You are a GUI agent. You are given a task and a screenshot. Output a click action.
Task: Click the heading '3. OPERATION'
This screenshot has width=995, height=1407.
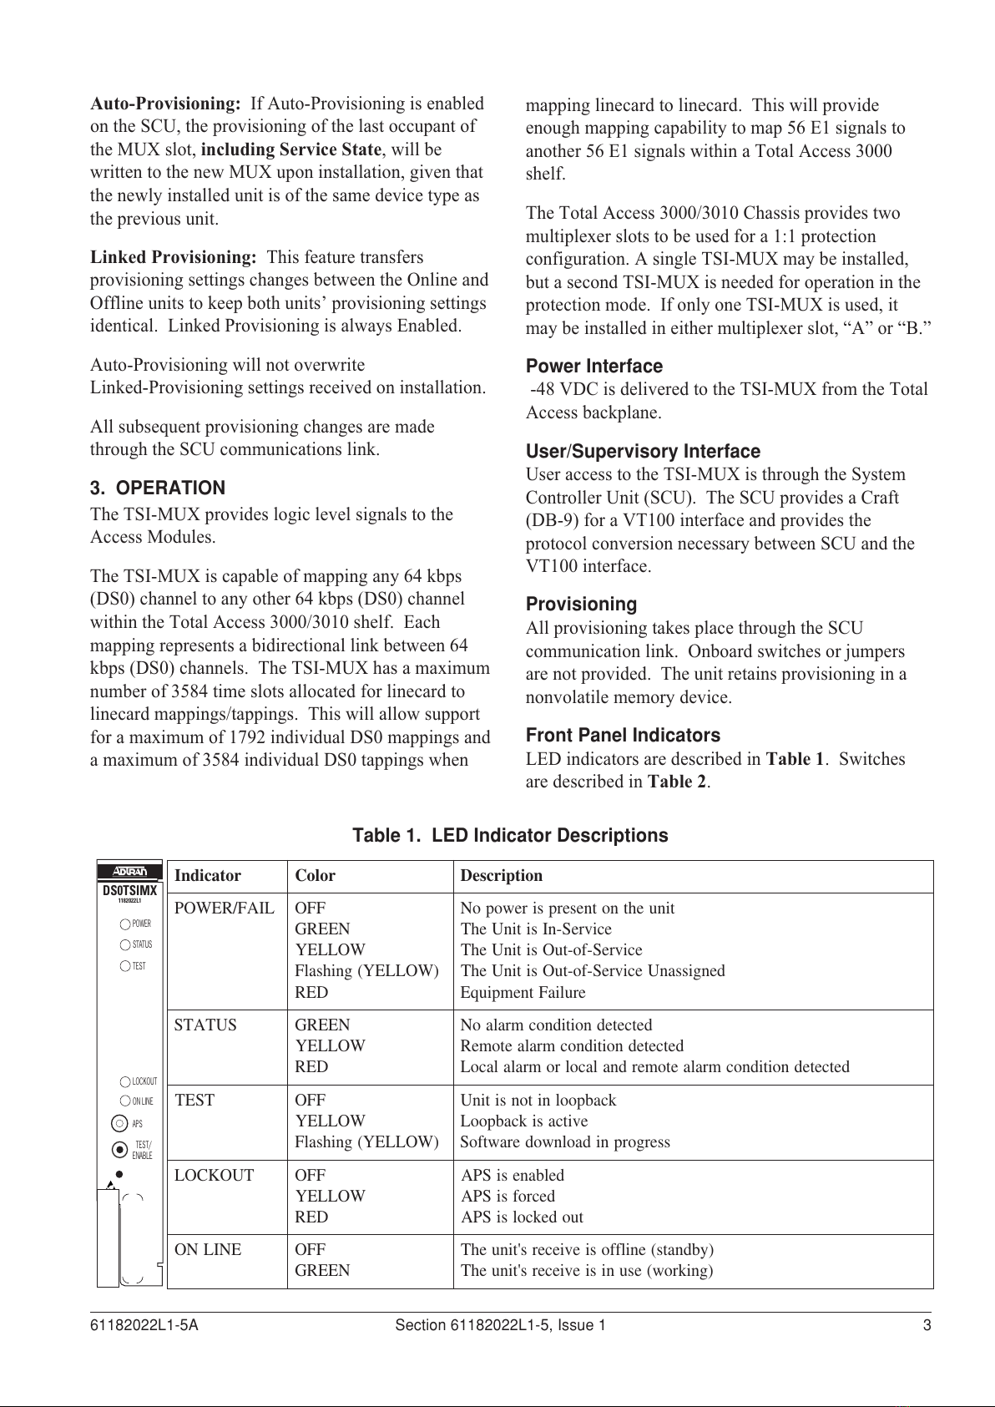click(x=158, y=488)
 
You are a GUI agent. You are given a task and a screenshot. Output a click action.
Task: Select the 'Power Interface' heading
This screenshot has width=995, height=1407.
click(x=593, y=367)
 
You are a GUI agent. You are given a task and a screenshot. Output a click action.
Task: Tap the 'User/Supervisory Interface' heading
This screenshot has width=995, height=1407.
click(x=643, y=452)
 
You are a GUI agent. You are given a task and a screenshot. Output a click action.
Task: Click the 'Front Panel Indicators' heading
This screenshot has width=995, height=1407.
click(x=623, y=736)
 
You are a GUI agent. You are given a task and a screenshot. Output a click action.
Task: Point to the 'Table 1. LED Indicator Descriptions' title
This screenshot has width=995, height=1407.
click(x=510, y=836)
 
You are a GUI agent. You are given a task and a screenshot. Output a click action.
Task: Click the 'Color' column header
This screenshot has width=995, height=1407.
click(x=315, y=876)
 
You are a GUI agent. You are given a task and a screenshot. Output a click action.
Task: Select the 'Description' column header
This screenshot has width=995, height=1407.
click(x=501, y=876)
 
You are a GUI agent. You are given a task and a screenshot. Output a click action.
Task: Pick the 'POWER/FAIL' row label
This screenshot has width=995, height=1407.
click(x=224, y=908)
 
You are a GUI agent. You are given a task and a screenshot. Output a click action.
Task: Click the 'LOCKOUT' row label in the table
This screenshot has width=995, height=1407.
click(x=214, y=1176)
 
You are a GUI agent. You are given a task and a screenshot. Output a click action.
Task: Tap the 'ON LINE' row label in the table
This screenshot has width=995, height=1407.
click(x=208, y=1250)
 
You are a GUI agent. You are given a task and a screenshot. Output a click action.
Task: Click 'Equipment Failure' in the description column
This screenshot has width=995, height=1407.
click(x=523, y=993)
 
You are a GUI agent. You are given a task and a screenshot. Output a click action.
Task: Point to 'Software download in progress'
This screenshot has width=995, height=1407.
click(x=565, y=1142)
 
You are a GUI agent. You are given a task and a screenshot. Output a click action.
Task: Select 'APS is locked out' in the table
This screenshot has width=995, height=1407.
click(x=522, y=1217)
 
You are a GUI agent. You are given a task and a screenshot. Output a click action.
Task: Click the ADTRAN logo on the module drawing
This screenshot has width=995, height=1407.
click(x=129, y=873)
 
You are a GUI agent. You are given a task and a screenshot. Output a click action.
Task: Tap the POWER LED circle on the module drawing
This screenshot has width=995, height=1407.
click(x=125, y=924)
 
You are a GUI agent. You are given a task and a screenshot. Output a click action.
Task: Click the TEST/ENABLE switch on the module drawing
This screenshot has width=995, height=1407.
click(x=119, y=1149)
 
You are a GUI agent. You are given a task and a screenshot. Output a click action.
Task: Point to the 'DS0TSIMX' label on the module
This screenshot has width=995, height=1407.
click(x=129, y=891)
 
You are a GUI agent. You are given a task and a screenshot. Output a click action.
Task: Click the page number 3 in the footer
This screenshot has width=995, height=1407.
click(x=927, y=1326)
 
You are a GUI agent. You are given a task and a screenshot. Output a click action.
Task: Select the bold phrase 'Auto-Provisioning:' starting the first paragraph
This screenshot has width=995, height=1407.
click(x=165, y=104)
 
